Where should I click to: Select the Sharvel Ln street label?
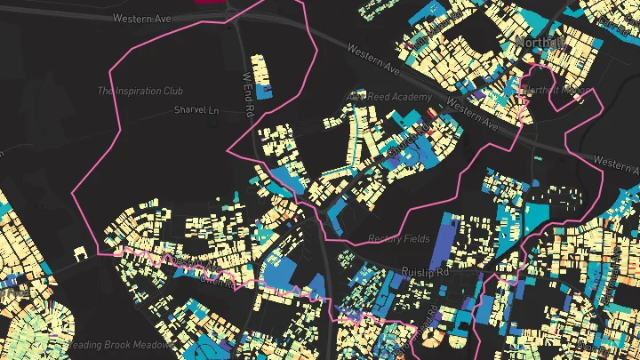click(x=196, y=111)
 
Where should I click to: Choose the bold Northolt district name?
click(x=540, y=42)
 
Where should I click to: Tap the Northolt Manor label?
click(x=551, y=90)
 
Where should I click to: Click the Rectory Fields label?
click(x=398, y=239)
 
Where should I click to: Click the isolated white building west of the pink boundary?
click(x=83, y=254)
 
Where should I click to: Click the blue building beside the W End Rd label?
click(x=263, y=91)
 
